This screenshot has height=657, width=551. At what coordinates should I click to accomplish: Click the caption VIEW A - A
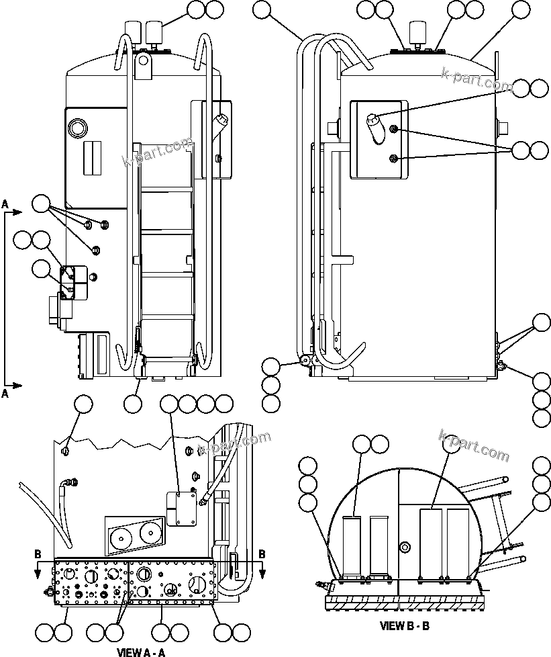[141, 652]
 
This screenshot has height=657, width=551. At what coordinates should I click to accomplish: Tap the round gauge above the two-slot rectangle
[77, 128]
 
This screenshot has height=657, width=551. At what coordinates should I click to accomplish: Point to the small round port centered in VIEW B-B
[404, 548]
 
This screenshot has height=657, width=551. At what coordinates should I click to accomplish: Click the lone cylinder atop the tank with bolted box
[421, 33]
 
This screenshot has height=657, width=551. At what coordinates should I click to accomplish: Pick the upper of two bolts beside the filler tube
[396, 130]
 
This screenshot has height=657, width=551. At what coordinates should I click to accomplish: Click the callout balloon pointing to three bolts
[42, 203]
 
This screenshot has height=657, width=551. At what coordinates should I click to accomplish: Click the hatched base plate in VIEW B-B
[405, 602]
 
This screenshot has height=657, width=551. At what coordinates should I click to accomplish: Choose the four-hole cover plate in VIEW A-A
[181, 508]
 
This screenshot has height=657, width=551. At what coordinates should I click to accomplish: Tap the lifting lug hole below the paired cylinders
[142, 61]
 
